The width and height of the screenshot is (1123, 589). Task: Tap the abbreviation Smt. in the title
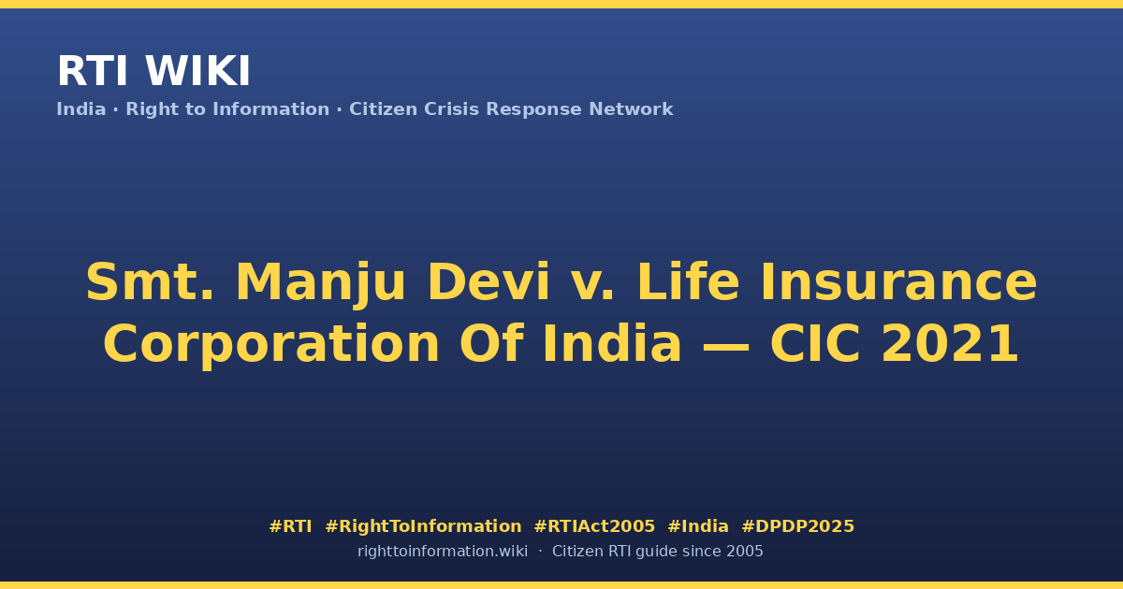click(x=150, y=282)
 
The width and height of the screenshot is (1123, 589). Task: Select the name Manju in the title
click(x=320, y=284)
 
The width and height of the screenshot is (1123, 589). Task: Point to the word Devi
click(x=489, y=282)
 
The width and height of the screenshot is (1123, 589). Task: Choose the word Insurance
click(x=899, y=282)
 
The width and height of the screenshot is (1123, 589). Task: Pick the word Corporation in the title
click(x=271, y=345)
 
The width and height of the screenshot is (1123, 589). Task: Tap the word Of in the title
click(x=491, y=343)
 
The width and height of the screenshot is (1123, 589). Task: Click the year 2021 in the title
click(x=950, y=344)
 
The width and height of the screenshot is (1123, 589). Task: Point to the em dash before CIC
click(x=725, y=346)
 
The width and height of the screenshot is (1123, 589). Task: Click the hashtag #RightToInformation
click(x=423, y=526)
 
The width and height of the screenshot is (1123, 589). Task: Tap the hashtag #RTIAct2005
click(x=594, y=526)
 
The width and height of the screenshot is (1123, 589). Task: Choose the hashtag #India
click(x=698, y=526)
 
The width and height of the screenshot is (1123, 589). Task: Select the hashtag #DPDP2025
click(x=797, y=526)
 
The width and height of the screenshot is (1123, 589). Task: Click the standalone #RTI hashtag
click(x=290, y=526)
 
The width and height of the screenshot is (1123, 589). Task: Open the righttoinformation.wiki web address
click(x=442, y=552)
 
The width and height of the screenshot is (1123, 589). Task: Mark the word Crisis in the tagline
click(x=451, y=109)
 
